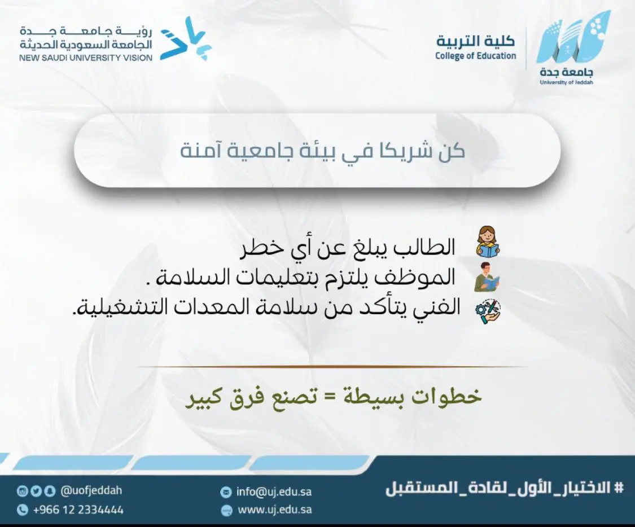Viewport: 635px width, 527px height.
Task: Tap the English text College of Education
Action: tap(476, 56)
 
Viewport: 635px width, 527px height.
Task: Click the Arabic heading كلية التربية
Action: tap(476, 41)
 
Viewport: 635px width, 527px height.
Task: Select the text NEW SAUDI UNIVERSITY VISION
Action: tap(86, 58)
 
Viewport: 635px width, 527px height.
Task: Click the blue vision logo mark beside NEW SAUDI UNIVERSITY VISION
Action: tap(186, 39)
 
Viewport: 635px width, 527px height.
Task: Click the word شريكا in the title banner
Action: tap(398, 151)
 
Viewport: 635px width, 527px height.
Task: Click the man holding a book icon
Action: tap(487, 277)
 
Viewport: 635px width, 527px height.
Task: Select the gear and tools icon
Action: tap(488, 311)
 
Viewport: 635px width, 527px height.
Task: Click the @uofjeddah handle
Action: tap(91, 490)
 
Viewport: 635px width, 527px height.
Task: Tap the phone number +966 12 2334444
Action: tap(78, 510)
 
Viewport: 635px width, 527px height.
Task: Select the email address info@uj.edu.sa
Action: tap(274, 492)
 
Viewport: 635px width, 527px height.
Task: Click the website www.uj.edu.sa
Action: tap(274, 510)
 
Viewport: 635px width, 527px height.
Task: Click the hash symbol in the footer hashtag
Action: tap(619, 488)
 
